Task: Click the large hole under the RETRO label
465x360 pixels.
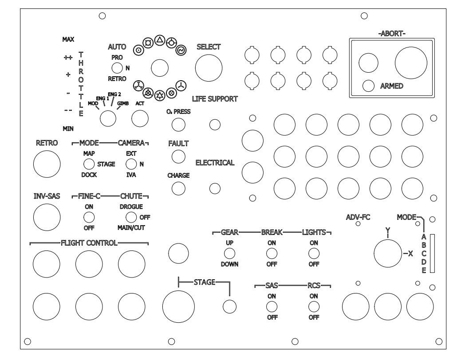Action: point(47,164)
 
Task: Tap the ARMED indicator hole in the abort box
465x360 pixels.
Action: point(368,86)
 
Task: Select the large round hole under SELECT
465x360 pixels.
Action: point(209,68)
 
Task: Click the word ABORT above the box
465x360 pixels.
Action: point(392,34)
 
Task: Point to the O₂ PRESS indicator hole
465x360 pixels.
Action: point(178,125)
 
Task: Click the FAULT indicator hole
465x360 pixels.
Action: point(178,157)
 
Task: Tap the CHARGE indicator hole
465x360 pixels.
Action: point(178,188)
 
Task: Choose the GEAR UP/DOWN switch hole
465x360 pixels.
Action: point(229,253)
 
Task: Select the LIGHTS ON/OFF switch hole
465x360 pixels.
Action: point(314,253)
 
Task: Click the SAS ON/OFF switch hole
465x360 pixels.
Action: point(272,307)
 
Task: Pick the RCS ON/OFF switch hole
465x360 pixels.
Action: point(314,307)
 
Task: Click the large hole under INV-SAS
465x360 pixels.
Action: point(47,217)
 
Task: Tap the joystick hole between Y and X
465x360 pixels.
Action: point(388,254)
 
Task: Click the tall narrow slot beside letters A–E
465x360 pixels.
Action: point(432,253)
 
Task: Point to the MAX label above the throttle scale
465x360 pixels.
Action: point(68,39)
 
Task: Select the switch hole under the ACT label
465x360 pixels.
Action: point(140,118)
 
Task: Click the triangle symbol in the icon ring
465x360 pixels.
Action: point(160,40)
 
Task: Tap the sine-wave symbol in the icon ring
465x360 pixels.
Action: point(181,50)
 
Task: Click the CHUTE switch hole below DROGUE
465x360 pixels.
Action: point(131,217)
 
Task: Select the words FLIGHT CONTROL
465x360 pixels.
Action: point(89,243)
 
